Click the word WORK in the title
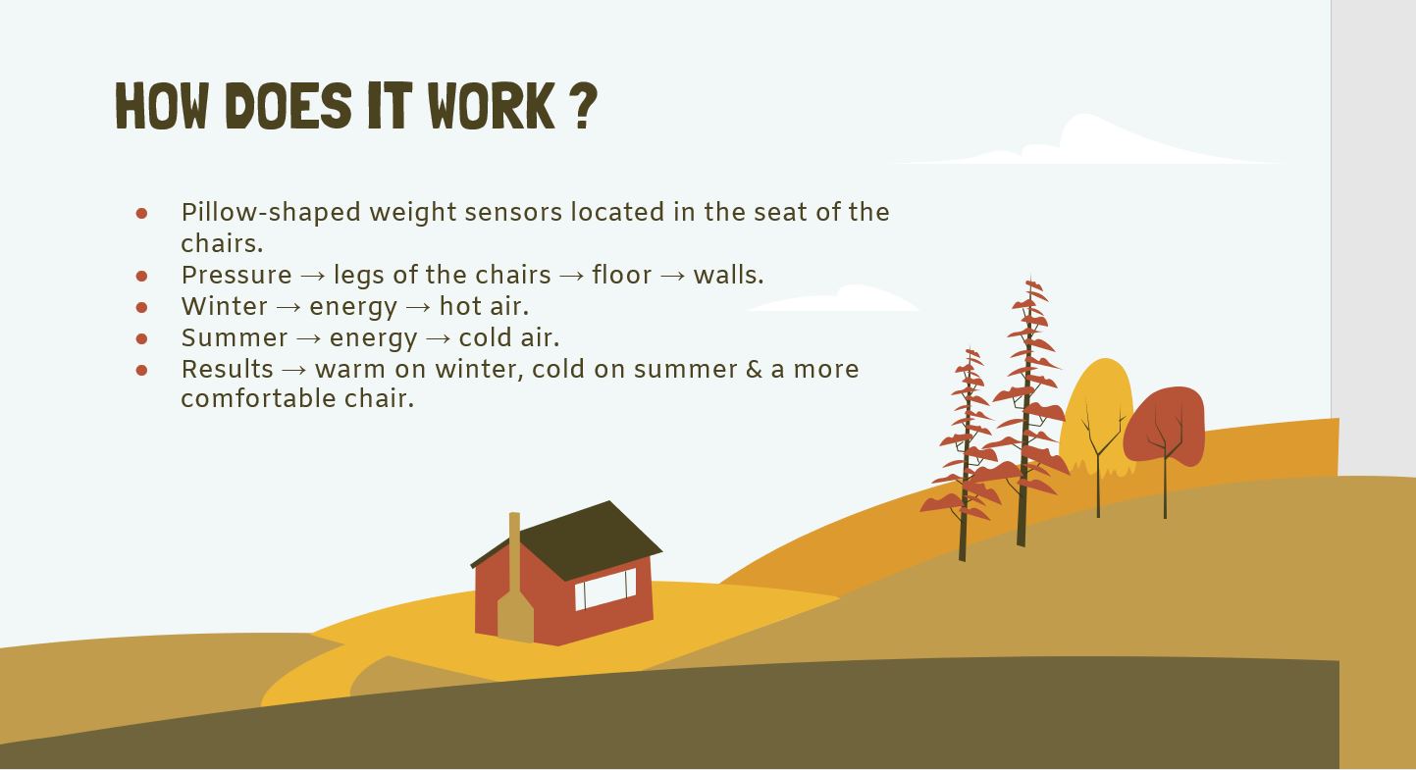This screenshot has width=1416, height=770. tap(492, 106)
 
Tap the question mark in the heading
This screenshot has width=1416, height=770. tap(587, 106)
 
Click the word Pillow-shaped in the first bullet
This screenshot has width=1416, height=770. tap(271, 213)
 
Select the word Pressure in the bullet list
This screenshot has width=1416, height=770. tap(236, 275)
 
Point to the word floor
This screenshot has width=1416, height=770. tap(621, 275)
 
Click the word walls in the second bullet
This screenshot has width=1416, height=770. tap(726, 275)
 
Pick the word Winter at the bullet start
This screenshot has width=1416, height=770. tap(225, 306)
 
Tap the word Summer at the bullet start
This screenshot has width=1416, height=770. tap(235, 338)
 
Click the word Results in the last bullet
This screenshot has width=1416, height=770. tap(227, 369)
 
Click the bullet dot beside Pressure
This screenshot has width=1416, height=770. tap(141, 276)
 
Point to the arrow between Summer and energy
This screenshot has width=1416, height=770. tap(309, 339)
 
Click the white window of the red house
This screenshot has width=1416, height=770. tap(604, 589)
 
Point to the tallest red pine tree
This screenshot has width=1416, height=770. tap(1027, 411)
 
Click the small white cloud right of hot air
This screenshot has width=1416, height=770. tap(834, 299)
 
